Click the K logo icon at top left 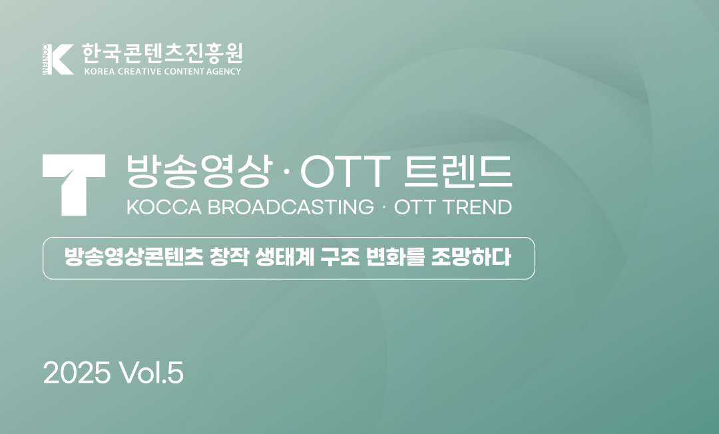click(x=58, y=59)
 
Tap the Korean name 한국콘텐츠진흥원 click(x=162, y=52)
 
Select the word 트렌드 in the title click(x=458, y=171)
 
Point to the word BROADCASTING click(x=291, y=207)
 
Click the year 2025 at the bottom click(x=77, y=373)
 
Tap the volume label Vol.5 click(x=152, y=373)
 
